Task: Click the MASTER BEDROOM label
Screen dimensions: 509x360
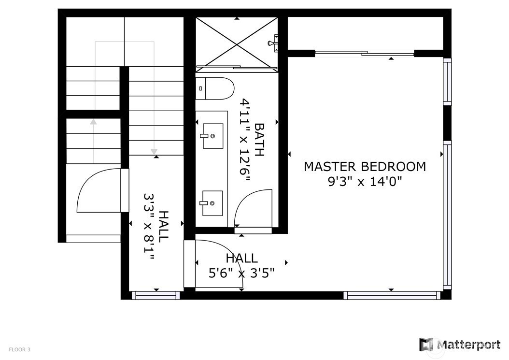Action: (x=365, y=166)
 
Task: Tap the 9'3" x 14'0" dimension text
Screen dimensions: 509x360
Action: (x=365, y=181)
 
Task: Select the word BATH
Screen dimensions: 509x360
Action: (x=259, y=139)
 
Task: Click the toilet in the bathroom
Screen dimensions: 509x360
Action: (x=215, y=88)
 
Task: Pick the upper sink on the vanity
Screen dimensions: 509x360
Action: (x=213, y=136)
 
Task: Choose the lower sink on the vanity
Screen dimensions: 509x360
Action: (x=212, y=203)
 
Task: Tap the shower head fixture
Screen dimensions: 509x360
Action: (x=273, y=43)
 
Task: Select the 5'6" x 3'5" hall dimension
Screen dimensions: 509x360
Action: (x=241, y=273)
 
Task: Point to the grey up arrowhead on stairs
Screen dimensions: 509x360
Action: (x=94, y=122)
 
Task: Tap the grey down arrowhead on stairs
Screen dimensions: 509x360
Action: (x=154, y=151)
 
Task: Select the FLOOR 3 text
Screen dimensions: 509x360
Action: (x=19, y=349)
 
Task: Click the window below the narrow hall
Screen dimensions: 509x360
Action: (x=156, y=295)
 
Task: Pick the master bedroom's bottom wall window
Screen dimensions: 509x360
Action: (x=392, y=295)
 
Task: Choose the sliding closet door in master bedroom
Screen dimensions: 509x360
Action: (x=365, y=53)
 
